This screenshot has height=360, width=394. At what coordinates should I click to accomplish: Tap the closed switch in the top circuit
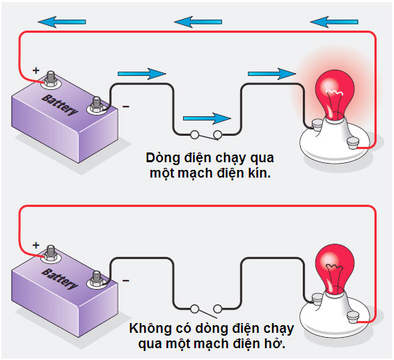tap(206, 134)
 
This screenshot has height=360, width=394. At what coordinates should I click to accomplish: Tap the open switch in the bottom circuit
tap(206, 307)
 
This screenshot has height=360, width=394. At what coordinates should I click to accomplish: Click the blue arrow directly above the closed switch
tap(206, 118)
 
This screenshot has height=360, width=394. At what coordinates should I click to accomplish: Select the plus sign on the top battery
tap(35, 70)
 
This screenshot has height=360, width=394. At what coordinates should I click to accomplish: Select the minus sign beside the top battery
tap(125, 107)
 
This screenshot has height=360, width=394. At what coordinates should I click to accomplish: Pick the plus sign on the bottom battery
tap(35, 245)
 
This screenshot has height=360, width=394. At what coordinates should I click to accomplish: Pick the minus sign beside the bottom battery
tap(125, 281)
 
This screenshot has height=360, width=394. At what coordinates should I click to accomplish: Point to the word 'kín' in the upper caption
tap(260, 172)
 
